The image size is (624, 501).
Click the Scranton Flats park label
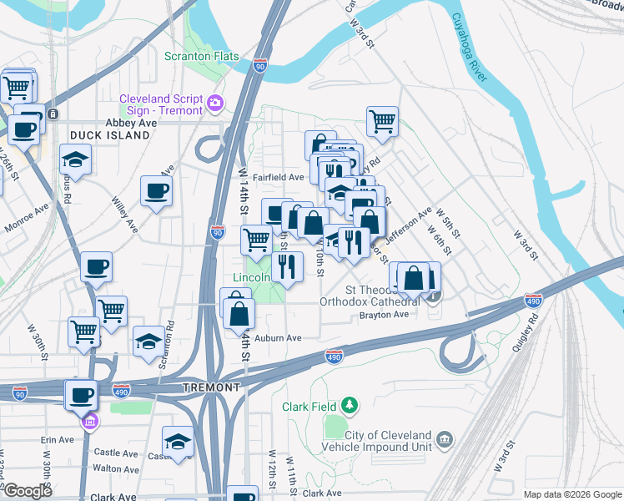pos(201,57)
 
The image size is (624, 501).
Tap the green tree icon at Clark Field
pos(350,407)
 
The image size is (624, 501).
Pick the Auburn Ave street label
pos(278,338)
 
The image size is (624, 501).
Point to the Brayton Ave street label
pos(384,315)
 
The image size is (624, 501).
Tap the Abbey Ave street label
pos(131,123)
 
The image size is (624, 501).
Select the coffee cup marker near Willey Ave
pos(156,191)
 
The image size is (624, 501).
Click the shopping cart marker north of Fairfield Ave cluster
pos(382,120)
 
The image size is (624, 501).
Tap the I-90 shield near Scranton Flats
pos(260,65)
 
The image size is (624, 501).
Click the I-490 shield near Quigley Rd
pos(533,299)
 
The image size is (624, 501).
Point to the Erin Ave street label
pos(57,439)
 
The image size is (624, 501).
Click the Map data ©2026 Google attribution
pos(571,494)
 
